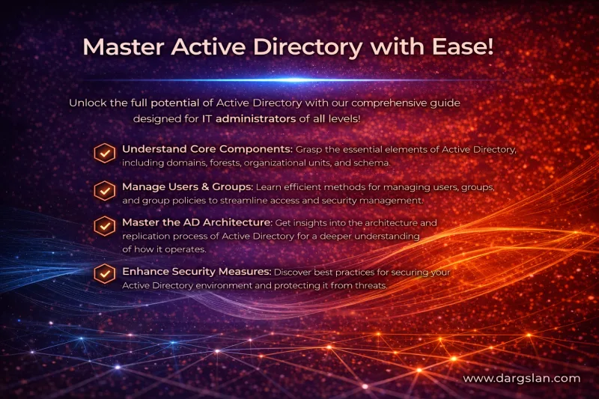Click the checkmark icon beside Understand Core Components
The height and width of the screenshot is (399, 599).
click(104, 153)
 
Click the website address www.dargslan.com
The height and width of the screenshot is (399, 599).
click(521, 379)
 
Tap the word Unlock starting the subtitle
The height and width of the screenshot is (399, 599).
click(88, 102)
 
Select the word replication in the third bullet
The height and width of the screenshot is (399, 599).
click(148, 236)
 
